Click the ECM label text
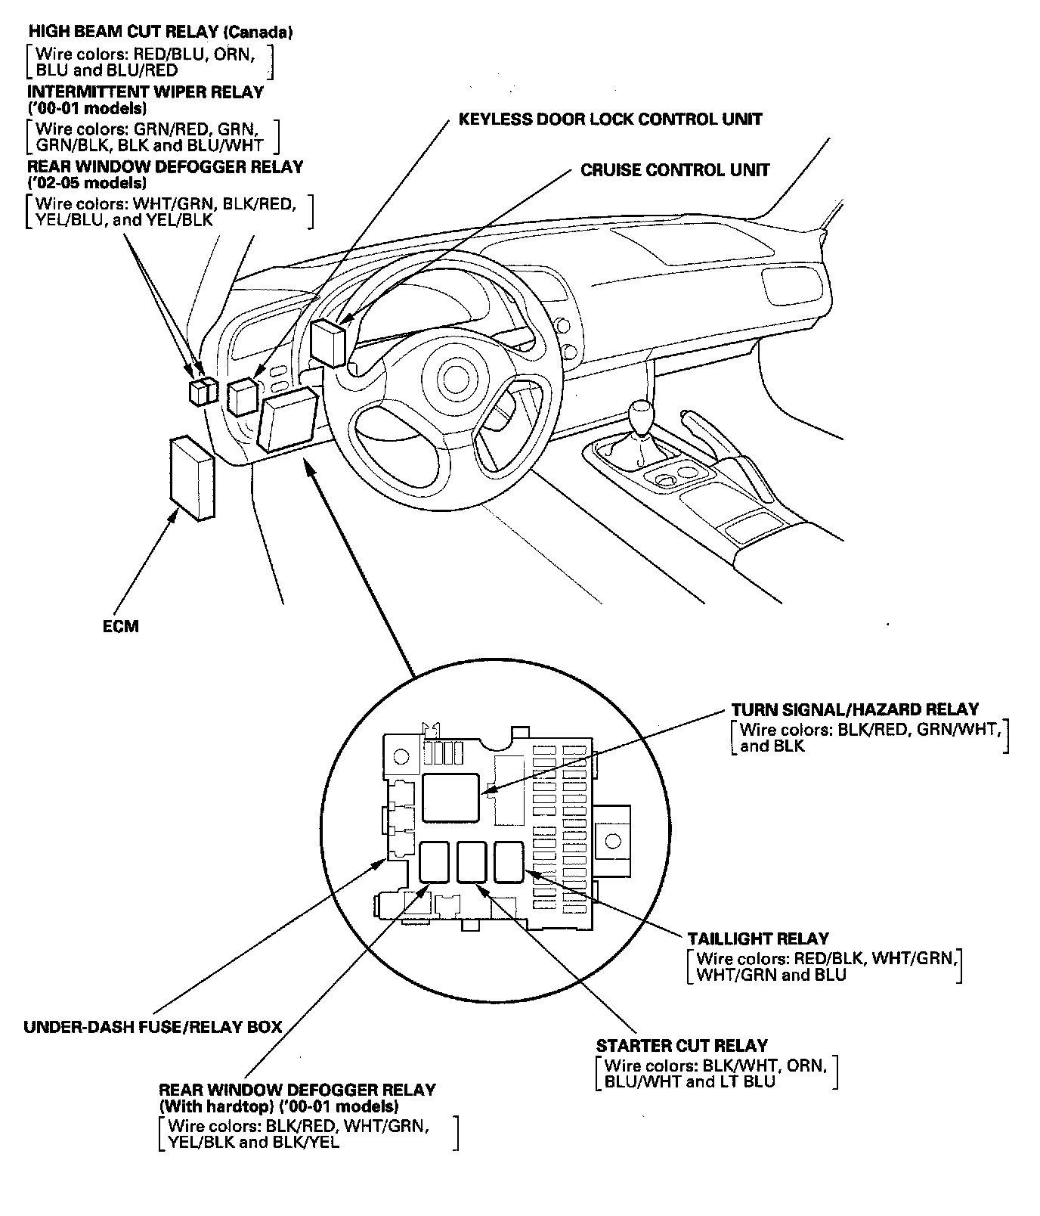[x=121, y=626]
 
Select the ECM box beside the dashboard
[x=192, y=478]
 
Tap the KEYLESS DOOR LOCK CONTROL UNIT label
[x=610, y=119]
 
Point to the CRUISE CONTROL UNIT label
[x=675, y=170]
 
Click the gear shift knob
[x=641, y=418]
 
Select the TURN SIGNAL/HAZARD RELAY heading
[x=855, y=709]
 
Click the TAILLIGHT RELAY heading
[x=758, y=938]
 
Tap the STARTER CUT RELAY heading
[x=682, y=1046]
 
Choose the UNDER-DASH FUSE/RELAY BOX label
[x=153, y=1027]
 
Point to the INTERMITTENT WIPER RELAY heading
[x=145, y=92]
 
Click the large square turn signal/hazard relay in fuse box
[x=450, y=797]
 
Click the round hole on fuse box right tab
[x=613, y=840]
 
